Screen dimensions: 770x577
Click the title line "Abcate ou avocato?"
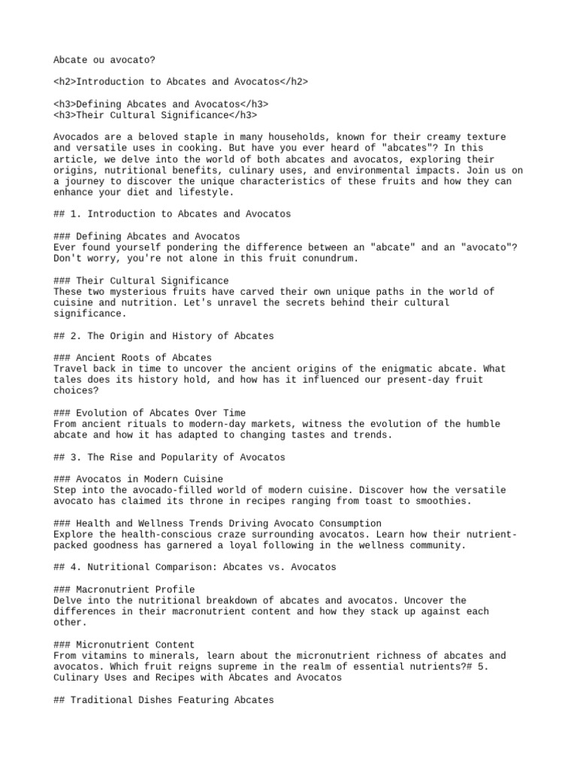coord(104,59)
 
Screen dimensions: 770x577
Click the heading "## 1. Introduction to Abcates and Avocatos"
coord(172,214)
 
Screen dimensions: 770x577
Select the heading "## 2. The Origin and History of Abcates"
coord(164,335)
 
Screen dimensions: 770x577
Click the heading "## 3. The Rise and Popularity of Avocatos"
coord(169,457)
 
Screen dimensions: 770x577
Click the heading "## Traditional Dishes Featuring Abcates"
coord(164,699)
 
